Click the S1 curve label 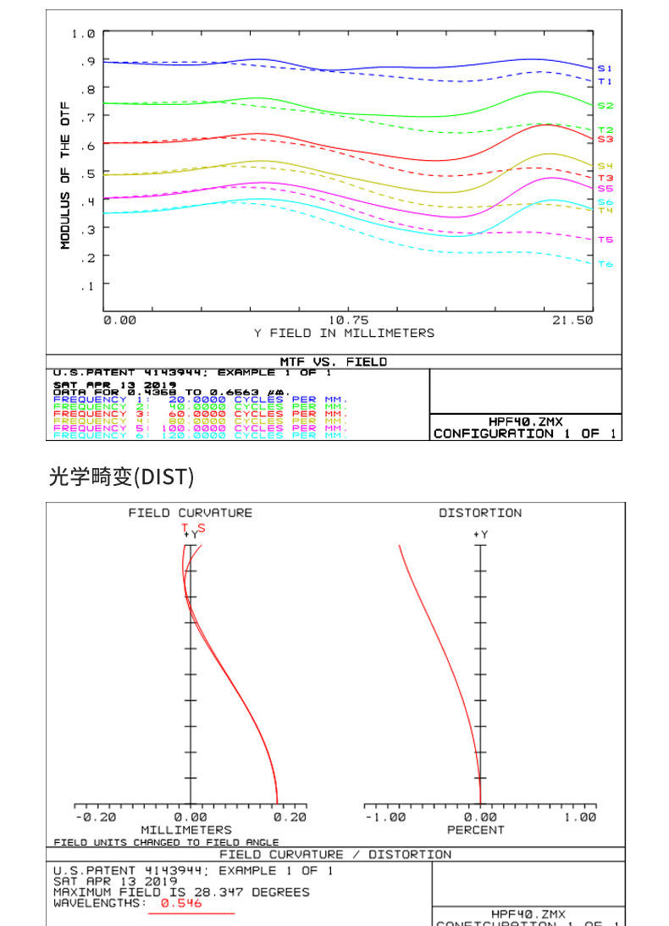point(605,68)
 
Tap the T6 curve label point(605,264)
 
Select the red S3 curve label point(605,139)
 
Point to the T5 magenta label point(605,240)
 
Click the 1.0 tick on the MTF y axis point(83,34)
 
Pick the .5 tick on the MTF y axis point(88,174)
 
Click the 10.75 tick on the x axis point(348,321)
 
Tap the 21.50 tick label point(573,321)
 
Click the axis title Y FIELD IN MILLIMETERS point(344,333)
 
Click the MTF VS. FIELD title point(333,361)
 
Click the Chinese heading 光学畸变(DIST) point(121,477)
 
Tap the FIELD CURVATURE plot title point(190,513)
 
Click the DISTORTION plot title point(480,513)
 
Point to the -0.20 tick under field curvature point(96,818)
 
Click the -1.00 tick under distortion point(385,818)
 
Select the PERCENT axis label point(476,830)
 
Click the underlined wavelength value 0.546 point(181,903)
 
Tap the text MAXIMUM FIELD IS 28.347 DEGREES point(181,892)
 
